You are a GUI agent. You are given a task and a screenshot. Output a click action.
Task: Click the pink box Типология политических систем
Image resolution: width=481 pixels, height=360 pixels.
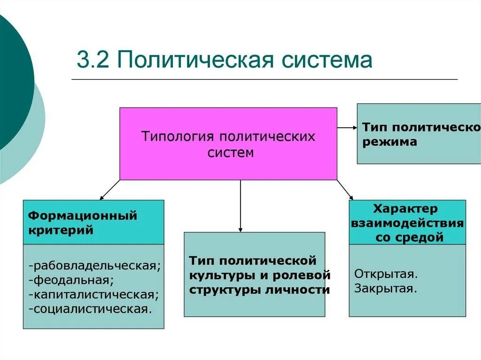pyautogui.click(x=228, y=162)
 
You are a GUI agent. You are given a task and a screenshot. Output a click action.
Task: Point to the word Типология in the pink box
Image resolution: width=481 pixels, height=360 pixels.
pyautogui.click(x=171, y=137)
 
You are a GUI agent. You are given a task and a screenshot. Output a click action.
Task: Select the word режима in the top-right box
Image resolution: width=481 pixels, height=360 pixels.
pyautogui.click(x=389, y=142)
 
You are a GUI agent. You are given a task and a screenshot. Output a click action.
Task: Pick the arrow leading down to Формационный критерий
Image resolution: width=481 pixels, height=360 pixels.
pyautogui.click(x=109, y=190)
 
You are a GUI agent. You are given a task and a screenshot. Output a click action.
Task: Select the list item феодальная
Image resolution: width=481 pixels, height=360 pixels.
pyautogui.click(x=71, y=281)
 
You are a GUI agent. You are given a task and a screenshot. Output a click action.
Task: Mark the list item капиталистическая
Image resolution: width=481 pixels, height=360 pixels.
pyautogui.click(x=93, y=295)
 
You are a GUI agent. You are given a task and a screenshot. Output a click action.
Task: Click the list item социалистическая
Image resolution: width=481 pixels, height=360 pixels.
pyautogui.click(x=91, y=309)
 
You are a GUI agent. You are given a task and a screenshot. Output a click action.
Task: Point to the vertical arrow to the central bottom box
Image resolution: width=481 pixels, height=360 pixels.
pyautogui.click(x=240, y=207)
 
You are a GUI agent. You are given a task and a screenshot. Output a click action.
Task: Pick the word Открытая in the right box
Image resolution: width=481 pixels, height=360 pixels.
pyautogui.click(x=386, y=273)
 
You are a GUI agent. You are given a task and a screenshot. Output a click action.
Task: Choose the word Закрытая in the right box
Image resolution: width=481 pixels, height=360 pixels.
pyautogui.click(x=386, y=288)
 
